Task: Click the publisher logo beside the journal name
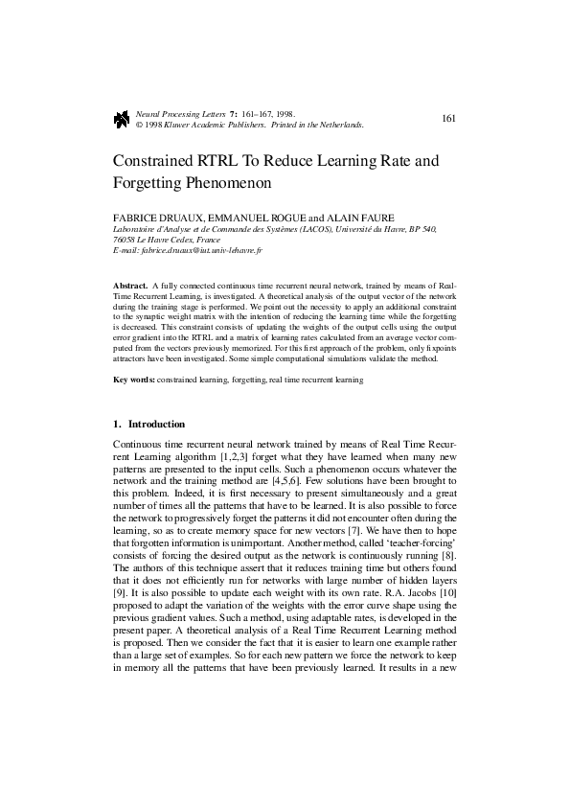click(121, 119)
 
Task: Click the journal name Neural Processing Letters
click(180, 113)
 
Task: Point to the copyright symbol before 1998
click(140, 125)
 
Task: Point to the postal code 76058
click(125, 240)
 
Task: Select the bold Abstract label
click(130, 287)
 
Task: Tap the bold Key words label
click(134, 380)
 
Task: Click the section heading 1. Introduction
click(149, 424)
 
